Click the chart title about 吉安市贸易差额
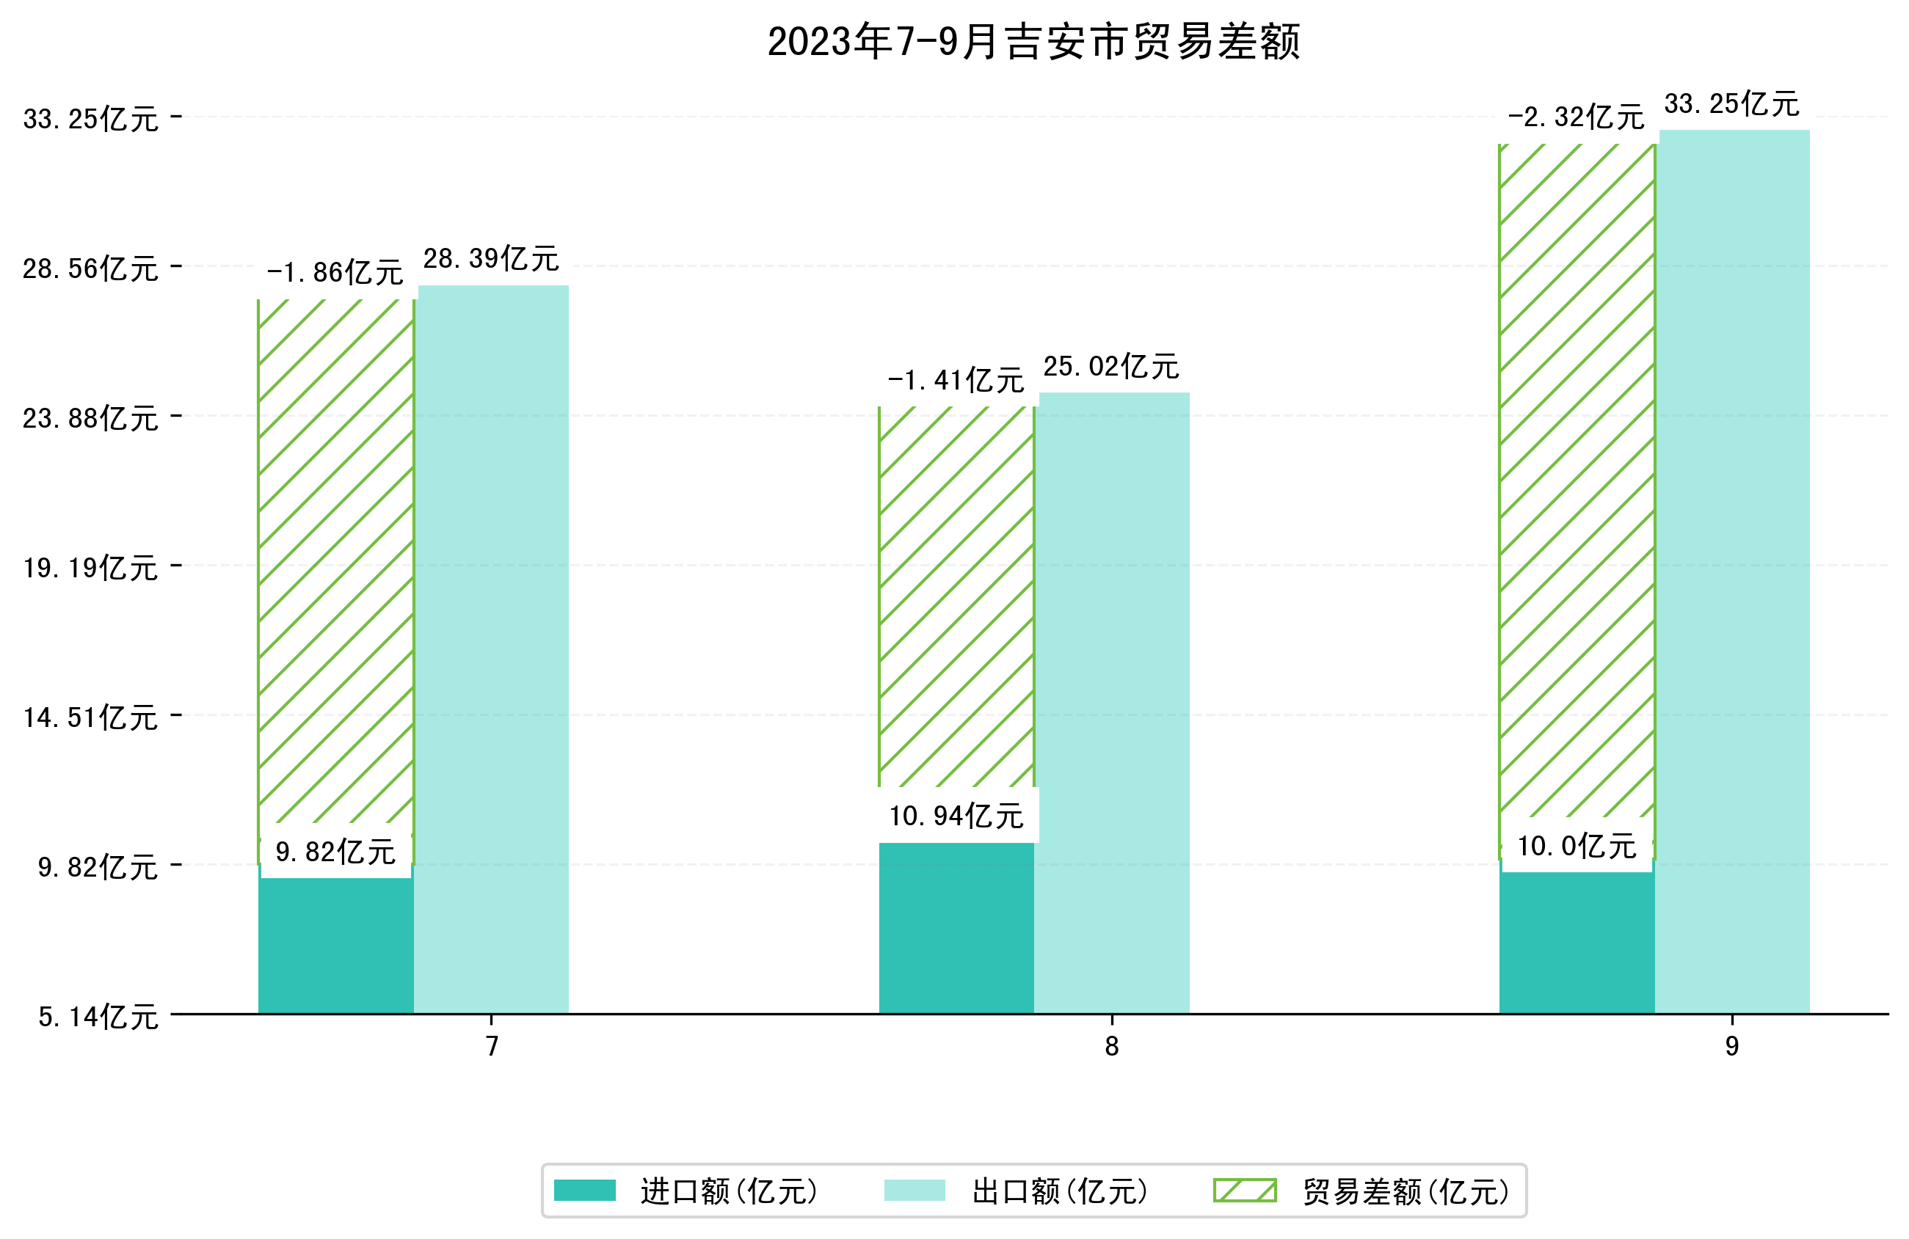pyautogui.click(x=1033, y=42)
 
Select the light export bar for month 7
pyautogui.click(x=492, y=649)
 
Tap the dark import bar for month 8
pyautogui.click(x=956, y=928)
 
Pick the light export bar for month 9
pyautogui.click(x=1734, y=571)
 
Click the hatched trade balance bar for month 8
pyautogui.click(x=956, y=596)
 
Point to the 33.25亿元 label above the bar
pyautogui.click(x=1731, y=104)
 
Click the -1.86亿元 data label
pyautogui.click(x=335, y=273)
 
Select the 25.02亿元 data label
pyautogui.click(x=1111, y=367)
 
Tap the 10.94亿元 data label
pyautogui.click(x=956, y=816)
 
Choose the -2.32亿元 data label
pyautogui.click(x=1576, y=117)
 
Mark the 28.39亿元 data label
pyautogui.click(x=491, y=259)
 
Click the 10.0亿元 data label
pyautogui.click(x=1576, y=846)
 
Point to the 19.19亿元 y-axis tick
pyautogui.click(x=90, y=568)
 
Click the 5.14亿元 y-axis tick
pyautogui.click(x=98, y=1017)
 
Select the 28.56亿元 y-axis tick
pyautogui.click(x=90, y=268)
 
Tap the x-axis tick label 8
pyautogui.click(x=1111, y=1046)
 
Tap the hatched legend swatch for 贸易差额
pyautogui.click(x=1245, y=1190)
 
